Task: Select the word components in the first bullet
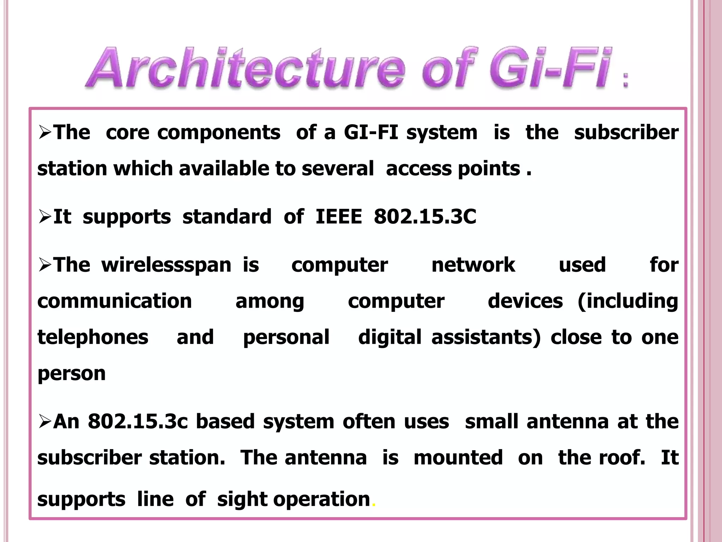tap(219, 133)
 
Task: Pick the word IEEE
tap(338, 216)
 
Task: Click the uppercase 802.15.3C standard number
tap(425, 216)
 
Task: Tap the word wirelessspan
tap(166, 265)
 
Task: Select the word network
tap(473, 265)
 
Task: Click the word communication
tap(115, 301)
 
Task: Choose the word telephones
tap(93, 337)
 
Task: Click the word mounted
tap(458, 458)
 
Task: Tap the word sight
tap(243, 500)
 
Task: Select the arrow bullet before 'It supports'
tap(45, 217)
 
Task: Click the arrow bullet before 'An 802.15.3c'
tap(45, 422)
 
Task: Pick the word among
tap(270, 302)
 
